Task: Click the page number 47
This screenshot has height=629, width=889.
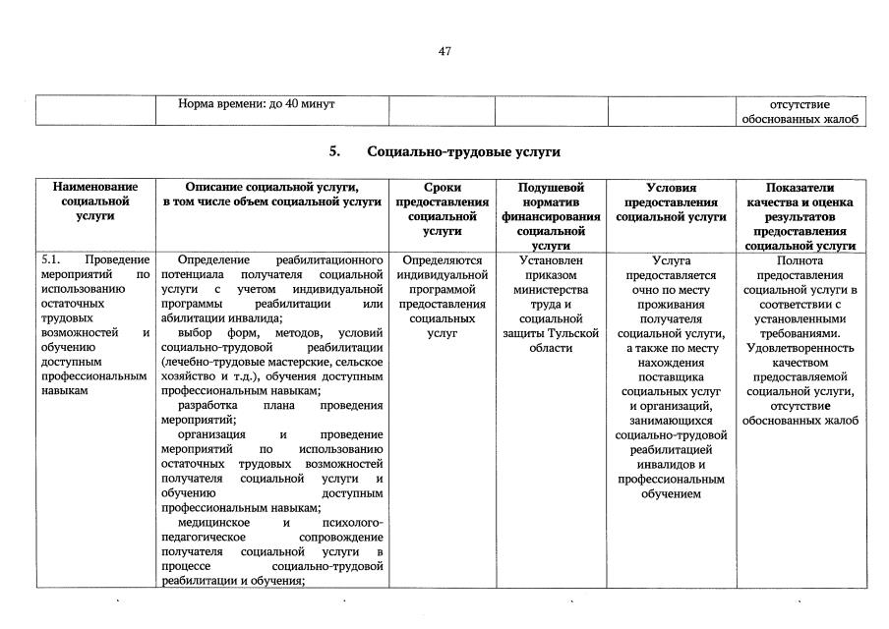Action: (x=444, y=52)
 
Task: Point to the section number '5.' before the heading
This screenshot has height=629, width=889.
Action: (x=335, y=152)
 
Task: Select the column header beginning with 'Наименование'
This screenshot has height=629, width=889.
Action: (x=95, y=200)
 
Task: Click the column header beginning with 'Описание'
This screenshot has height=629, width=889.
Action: (x=272, y=194)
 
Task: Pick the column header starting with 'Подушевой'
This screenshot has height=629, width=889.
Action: (x=551, y=215)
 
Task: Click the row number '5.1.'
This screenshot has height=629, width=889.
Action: (x=52, y=260)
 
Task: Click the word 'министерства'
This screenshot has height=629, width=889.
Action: (x=551, y=290)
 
